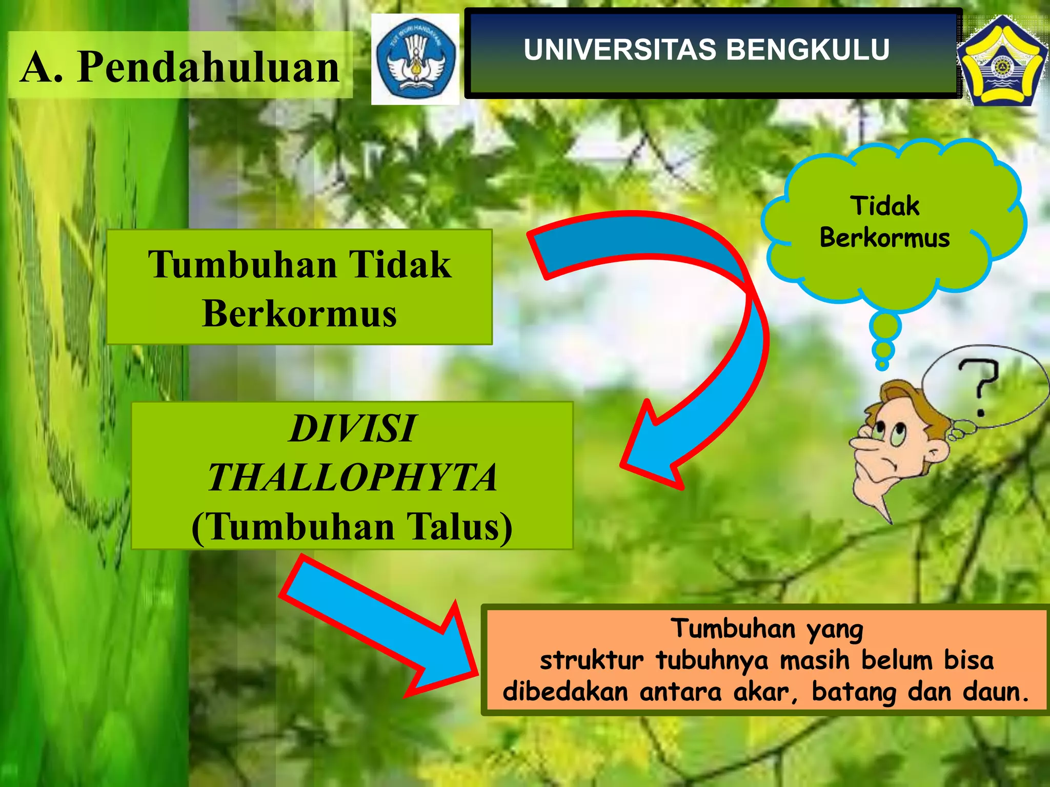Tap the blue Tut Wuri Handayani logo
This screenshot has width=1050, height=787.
tap(415, 59)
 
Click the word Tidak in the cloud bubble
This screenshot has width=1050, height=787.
tap(885, 206)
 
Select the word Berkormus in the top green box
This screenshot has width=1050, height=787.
tap(299, 314)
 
